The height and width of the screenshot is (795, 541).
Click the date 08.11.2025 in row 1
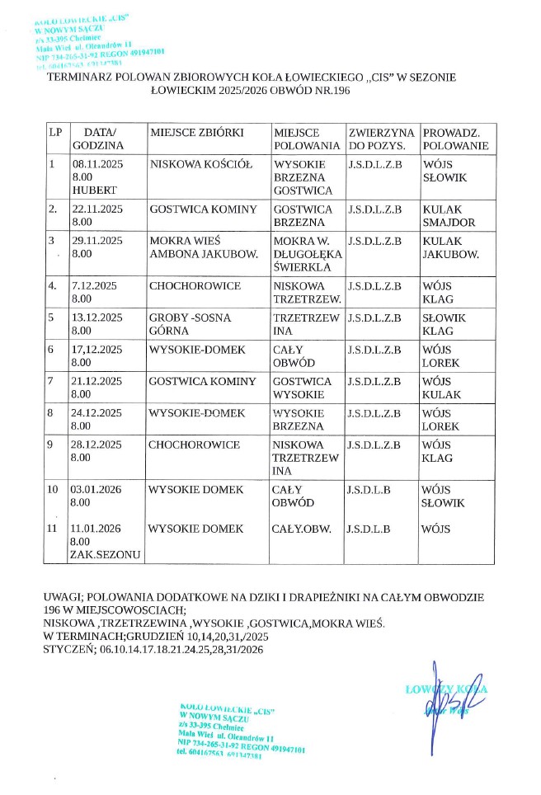[x=96, y=164]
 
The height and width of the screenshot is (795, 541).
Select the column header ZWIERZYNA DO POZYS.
[x=381, y=139]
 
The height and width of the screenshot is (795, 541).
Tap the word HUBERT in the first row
[x=91, y=191]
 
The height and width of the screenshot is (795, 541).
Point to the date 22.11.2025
[x=96, y=209]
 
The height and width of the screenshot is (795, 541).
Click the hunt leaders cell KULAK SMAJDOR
[x=449, y=216]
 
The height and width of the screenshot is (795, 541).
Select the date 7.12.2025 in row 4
[x=94, y=285]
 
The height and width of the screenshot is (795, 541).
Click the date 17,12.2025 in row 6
[x=96, y=350]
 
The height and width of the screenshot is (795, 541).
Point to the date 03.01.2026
[x=96, y=490]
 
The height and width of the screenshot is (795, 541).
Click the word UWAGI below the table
[x=61, y=595]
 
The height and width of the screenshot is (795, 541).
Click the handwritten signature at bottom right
[x=444, y=703]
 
